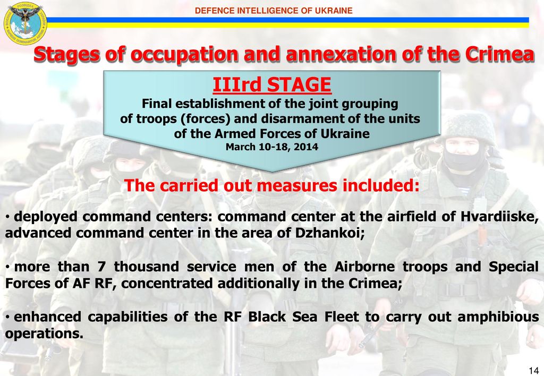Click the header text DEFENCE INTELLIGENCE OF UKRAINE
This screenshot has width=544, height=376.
274,11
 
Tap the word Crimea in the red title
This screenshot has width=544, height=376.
499,55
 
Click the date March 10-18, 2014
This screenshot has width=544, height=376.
272,147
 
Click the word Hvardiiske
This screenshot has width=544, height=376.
499,217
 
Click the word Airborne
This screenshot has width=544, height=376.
364,267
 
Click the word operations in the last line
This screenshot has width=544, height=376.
44,334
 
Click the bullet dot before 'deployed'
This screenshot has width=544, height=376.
7,218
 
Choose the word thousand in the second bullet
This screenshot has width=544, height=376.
147,267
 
